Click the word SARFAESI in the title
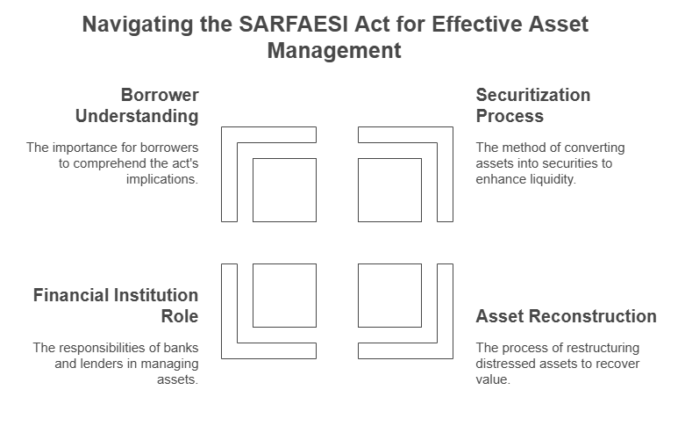(293, 24)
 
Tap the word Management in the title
(334, 50)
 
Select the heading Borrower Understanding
(137, 105)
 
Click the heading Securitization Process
(533, 105)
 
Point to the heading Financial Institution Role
(116, 306)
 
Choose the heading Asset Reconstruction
(567, 316)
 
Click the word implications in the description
(161, 179)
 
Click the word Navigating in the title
(138, 25)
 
